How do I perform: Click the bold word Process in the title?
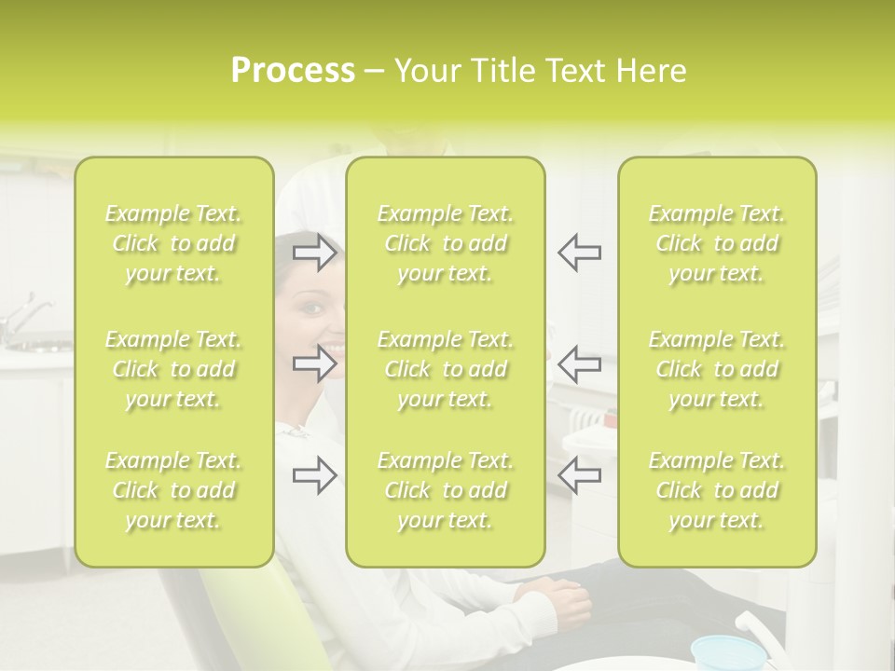point(293,71)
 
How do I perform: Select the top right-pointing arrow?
point(315,252)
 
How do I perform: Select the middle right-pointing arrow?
point(315,363)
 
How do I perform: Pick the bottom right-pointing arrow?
point(315,475)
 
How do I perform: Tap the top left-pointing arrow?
point(579,252)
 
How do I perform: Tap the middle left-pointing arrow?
point(579,363)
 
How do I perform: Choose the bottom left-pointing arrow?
point(579,475)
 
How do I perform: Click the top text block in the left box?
point(173,243)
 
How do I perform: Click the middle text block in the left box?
point(173,369)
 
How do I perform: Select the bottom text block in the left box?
point(173,490)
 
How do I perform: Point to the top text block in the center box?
point(445,243)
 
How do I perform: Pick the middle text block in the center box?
point(445,369)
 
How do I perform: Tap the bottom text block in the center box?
point(445,490)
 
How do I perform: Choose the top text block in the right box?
point(716,243)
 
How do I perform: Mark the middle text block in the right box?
point(716,369)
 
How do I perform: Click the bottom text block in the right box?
point(716,490)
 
